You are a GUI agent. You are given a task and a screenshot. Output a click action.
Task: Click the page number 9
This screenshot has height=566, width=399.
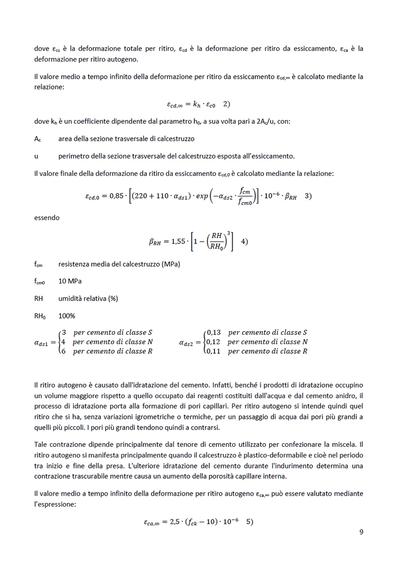click(x=361, y=532)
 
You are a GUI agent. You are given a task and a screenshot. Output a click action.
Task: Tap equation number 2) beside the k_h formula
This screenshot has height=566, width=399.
click(x=227, y=104)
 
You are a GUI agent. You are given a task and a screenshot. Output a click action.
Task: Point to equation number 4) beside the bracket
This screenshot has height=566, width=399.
click(x=244, y=241)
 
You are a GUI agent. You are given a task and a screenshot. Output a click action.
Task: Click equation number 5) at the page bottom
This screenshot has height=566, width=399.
click(x=249, y=522)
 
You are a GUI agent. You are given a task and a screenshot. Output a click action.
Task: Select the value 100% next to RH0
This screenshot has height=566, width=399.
click(x=66, y=316)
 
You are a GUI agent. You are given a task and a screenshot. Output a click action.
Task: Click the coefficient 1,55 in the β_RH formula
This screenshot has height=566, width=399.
click(x=175, y=242)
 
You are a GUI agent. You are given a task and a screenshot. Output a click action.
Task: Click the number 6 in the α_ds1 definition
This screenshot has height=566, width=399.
click(x=64, y=351)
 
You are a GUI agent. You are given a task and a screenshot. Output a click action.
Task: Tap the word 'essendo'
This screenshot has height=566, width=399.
click(x=47, y=218)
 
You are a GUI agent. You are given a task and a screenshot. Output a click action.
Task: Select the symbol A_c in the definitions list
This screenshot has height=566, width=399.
click(x=38, y=139)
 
